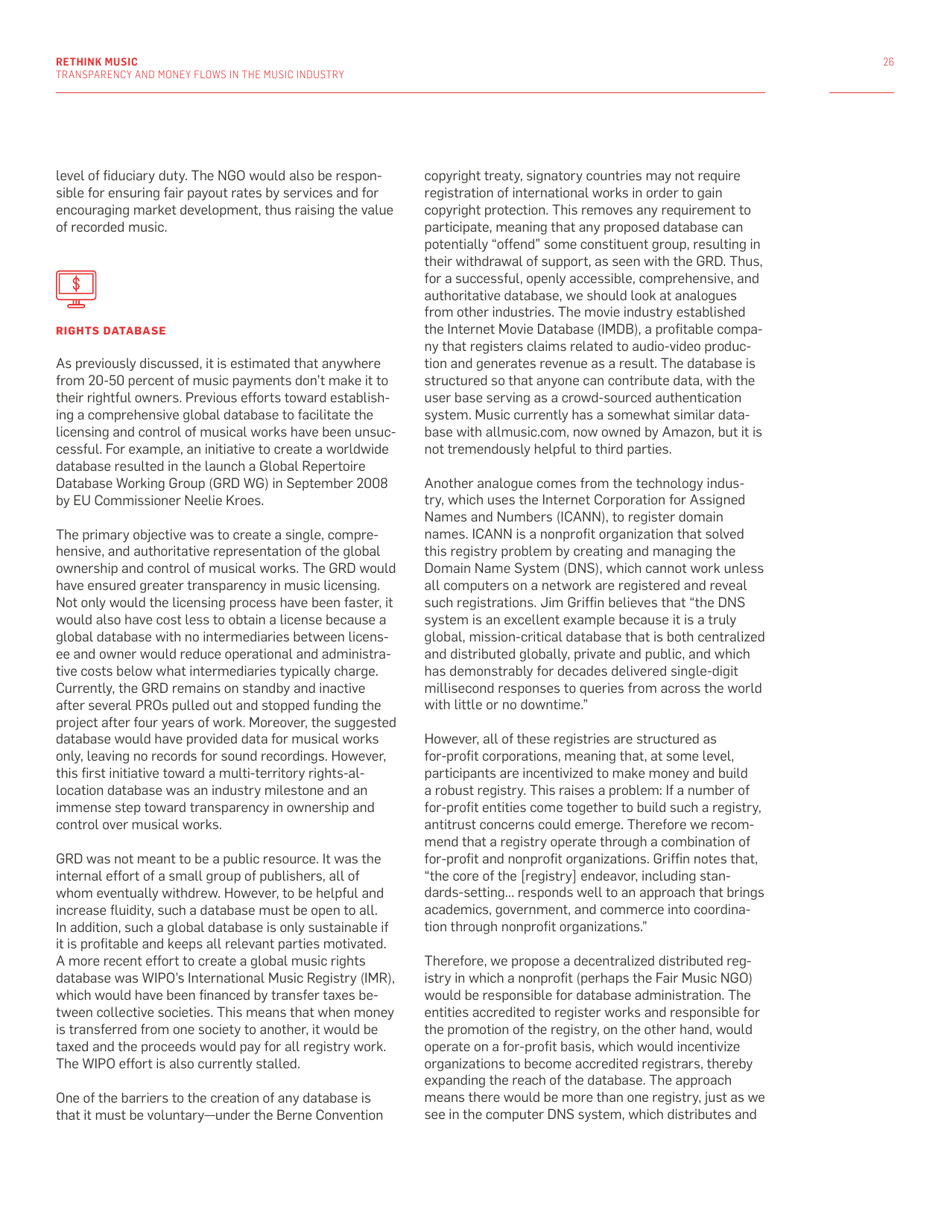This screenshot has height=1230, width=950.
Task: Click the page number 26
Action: (888, 62)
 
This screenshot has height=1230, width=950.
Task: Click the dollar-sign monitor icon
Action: (76, 287)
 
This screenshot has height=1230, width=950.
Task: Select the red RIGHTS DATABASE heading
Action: (110, 331)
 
